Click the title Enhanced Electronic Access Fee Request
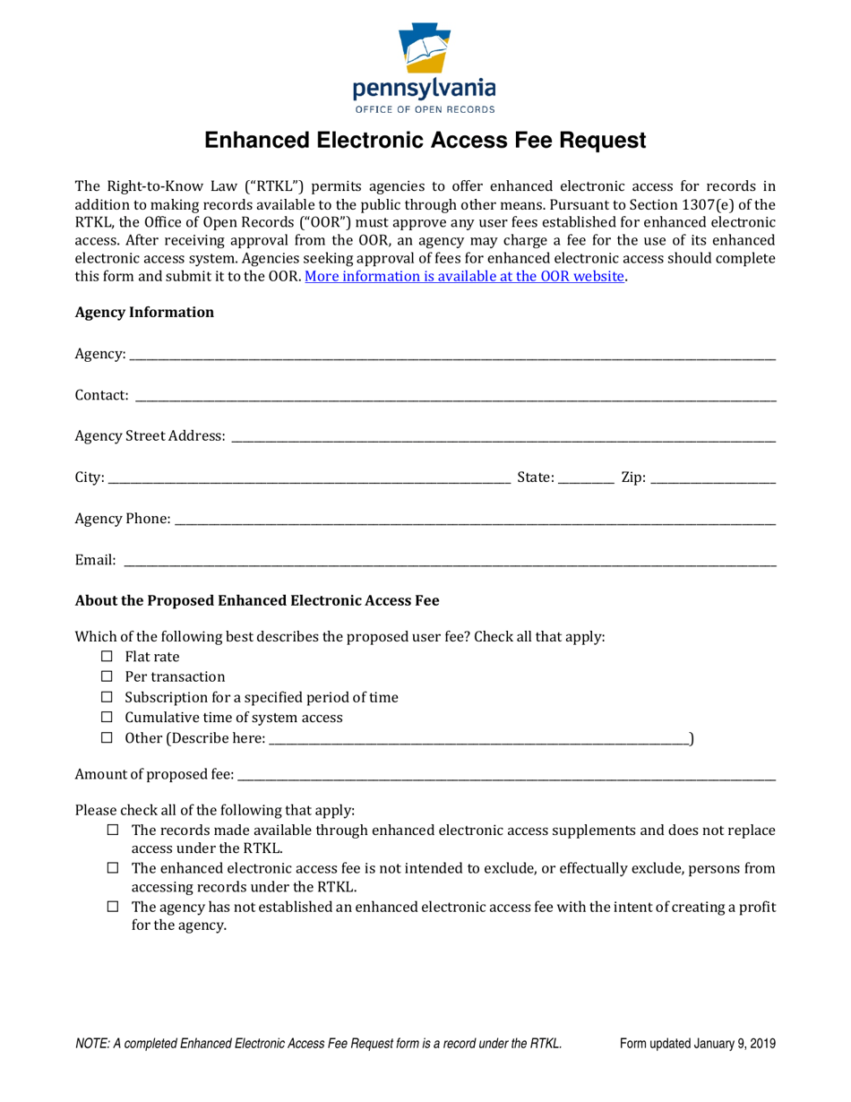(x=425, y=141)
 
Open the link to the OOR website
(x=464, y=276)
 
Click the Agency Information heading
(x=144, y=312)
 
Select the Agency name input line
(x=452, y=357)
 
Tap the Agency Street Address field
(x=503, y=436)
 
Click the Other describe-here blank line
(x=478, y=739)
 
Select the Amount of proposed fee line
(x=506, y=773)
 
